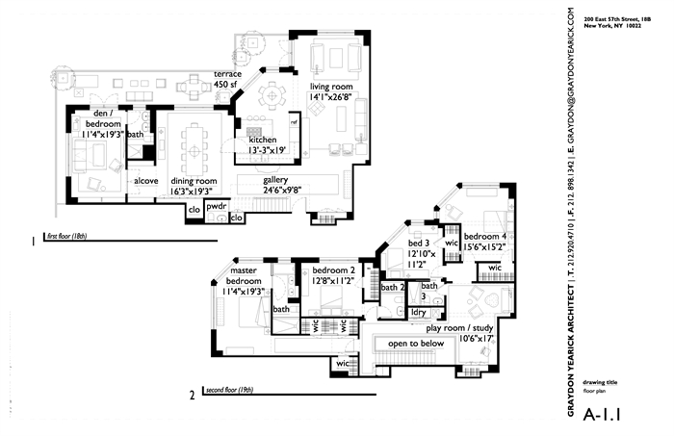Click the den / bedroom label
tap(101, 119)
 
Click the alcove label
tap(145, 180)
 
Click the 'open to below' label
tap(414, 343)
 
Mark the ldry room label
tap(418, 312)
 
